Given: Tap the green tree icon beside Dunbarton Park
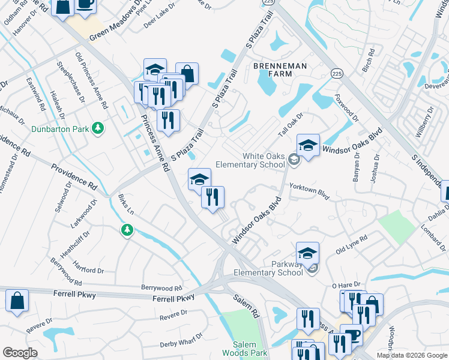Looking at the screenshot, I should (97, 128).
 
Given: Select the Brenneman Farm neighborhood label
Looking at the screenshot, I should (280, 70).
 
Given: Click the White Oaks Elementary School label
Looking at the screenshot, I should (264, 160).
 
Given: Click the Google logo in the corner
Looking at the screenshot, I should (19, 353).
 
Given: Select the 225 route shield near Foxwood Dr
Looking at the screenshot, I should (337, 73).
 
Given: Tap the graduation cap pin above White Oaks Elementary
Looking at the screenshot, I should (308, 145).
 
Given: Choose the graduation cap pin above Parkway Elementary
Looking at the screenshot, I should (307, 253).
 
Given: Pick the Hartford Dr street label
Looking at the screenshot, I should (88, 267).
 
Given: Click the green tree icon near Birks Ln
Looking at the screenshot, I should (126, 230).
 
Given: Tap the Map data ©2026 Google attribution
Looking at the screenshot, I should (411, 355).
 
